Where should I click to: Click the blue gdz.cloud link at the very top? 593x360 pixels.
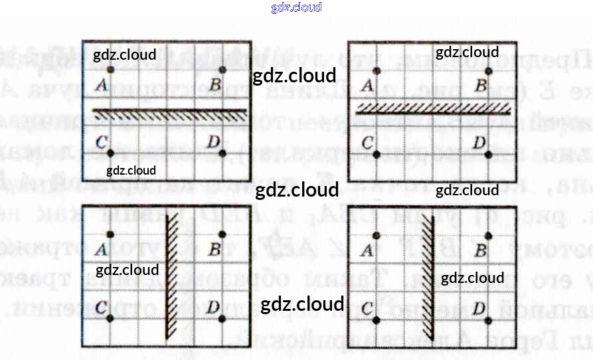tap(296, 7)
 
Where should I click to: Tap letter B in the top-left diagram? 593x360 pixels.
tap(216, 85)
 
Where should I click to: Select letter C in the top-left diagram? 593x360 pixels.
tap(102, 141)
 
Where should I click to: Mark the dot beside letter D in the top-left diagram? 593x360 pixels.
tap(222, 153)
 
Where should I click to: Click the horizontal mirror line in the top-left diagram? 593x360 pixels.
tap(169, 110)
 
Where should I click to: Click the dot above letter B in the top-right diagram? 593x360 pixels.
tap(489, 70)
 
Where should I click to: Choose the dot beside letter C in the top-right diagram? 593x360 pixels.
tap(376, 154)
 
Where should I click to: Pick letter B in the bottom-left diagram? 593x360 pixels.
tap(214, 250)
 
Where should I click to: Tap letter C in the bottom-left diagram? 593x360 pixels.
tap(102, 307)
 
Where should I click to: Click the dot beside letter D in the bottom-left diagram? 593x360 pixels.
tap(222, 319)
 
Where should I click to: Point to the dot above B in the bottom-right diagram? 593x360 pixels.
tap(489, 236)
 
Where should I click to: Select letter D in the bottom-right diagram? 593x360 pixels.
tap(479, 308)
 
